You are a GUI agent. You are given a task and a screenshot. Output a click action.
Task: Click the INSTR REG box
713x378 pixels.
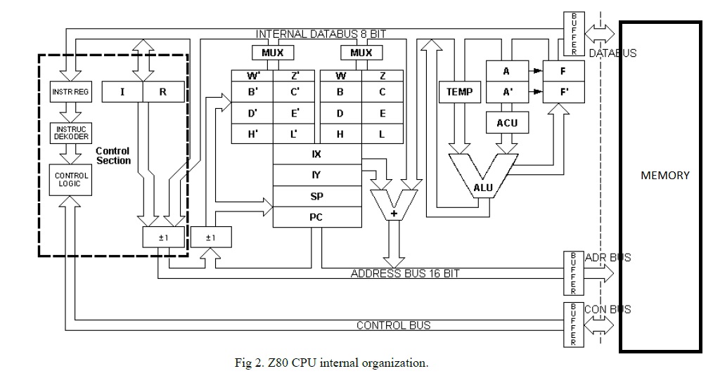point(71,92)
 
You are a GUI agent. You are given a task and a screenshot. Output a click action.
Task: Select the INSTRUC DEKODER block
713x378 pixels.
point(71,133)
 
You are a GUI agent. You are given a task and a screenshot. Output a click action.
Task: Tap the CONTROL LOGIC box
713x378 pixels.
point(71,179)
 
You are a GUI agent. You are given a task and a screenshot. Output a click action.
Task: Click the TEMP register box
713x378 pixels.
point(459,91)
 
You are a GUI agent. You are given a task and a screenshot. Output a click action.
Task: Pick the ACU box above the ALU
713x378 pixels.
point(506,123)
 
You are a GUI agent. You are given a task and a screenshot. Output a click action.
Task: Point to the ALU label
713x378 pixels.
point(483,188)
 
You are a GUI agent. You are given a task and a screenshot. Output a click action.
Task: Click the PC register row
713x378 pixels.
point(316,217)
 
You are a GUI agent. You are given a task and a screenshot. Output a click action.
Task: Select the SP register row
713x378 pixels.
point(316,197)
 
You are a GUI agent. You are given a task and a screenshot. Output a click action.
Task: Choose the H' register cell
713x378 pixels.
point(252,134)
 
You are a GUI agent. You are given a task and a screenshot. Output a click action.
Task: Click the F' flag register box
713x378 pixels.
point(563,91)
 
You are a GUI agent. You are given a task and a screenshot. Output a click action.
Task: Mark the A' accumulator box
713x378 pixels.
point(506,91)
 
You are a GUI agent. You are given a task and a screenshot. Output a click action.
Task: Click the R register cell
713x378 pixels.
point(164,91)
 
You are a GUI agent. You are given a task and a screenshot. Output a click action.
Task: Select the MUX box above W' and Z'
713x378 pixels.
point(273,53)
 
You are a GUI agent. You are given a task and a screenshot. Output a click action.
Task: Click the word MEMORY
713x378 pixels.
point(665,176)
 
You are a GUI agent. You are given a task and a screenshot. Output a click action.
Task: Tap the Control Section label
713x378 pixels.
point(113,155)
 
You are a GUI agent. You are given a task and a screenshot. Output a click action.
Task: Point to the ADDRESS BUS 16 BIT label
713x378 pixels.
point(404,273)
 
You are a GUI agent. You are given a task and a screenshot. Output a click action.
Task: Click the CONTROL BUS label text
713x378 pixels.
point(393,325)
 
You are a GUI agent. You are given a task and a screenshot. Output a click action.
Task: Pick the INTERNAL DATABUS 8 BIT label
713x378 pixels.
point(321,34)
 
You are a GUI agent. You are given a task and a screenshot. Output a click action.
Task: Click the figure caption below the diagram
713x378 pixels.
point(330,363)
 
